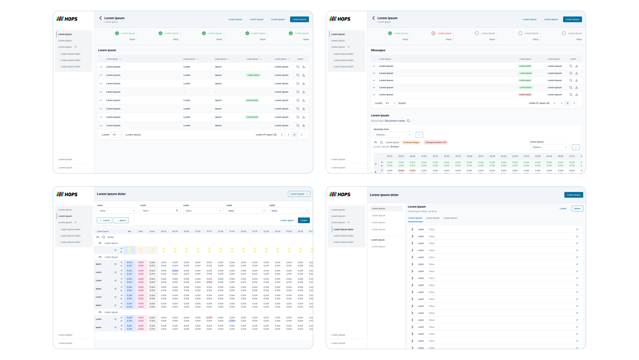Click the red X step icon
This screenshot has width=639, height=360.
pos(433,33)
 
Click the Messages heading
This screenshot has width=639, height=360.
pos(378,50)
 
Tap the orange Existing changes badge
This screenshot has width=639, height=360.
pos(411,143)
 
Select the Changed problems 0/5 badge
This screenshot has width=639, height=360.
pos(435,143)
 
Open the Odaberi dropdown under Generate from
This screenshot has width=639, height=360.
pos(393,135)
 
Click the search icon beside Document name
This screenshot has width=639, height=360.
pos(408,121)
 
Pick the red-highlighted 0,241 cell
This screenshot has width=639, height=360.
pos(401,171)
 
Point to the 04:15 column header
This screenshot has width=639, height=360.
pos(572,156)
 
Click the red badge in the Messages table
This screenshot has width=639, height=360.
pos(525,95)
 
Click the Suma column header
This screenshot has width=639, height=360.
pos(152,231)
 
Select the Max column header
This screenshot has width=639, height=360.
pos(141,231)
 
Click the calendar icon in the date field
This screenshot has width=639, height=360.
pos(177,211)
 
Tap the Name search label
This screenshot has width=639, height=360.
pos(111,237)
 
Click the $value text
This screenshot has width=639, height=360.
pos(394,147)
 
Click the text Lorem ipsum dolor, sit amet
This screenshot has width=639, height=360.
pos(422,211)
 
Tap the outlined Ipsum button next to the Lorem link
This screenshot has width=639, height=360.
pos(577,208)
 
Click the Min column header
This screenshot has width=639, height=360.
pos(129,231)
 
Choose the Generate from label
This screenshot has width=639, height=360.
pos(381,129)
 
